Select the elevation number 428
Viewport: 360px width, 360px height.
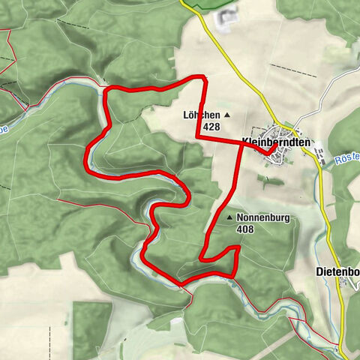211,127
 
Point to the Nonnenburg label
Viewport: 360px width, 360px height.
262,218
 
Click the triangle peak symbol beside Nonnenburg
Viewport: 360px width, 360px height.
230,218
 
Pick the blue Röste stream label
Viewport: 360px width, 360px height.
346,158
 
